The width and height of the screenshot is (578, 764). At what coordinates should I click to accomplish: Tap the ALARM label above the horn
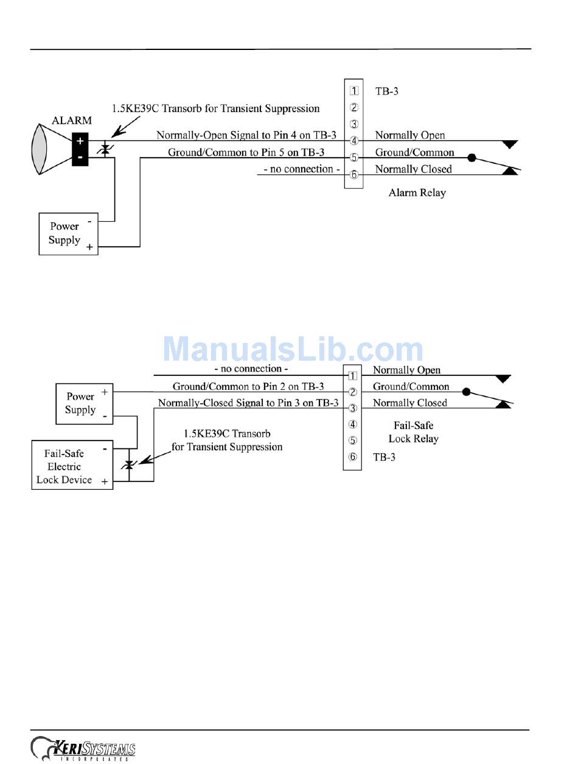72,121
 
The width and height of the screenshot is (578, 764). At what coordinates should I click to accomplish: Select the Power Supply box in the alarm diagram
68,233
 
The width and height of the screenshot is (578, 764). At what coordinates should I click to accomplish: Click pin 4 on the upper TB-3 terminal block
354,141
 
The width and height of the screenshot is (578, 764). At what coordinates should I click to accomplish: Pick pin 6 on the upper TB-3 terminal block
354,175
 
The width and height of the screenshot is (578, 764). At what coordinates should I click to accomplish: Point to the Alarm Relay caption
417,193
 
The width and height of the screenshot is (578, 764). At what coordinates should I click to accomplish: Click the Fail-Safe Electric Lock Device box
72,467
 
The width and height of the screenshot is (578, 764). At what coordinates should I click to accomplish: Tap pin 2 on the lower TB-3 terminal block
352,392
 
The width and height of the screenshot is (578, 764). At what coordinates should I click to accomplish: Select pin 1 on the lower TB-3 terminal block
352,375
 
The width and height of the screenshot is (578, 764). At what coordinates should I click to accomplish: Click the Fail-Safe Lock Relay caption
413,432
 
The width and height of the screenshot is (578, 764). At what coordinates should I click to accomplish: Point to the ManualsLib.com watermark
293,350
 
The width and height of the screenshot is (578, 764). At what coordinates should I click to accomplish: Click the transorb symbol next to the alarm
106,149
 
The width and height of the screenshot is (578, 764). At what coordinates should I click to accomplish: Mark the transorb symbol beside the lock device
128,465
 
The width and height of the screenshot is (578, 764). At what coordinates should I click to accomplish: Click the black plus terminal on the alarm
80,141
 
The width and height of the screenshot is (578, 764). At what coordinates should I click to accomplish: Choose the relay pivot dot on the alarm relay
471,158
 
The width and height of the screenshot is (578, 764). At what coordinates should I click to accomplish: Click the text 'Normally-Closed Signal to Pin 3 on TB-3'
248,403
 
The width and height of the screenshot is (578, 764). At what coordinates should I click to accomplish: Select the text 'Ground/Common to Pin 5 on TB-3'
246,152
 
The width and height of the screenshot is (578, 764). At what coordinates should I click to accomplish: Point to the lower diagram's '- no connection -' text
251,369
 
